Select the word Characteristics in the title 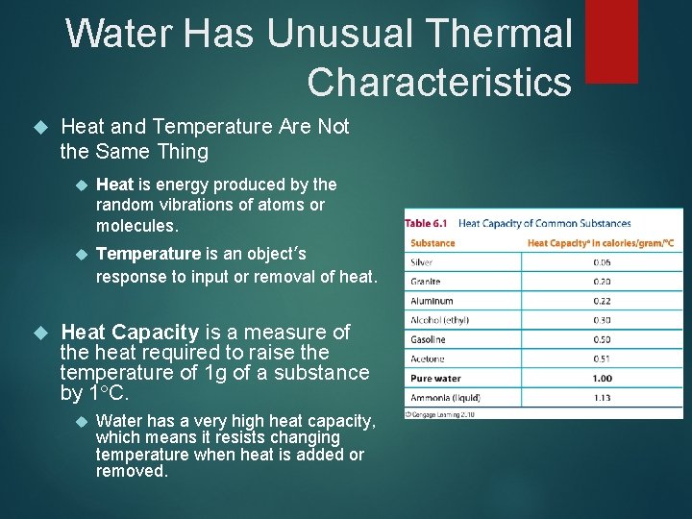(x=439, y=83)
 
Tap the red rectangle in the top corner (x=611, y=40)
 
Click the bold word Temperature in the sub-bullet (x=149, y=255)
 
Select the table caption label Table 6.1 (x=427, y=223)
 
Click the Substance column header (x=432, y=243)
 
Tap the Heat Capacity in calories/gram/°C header (x=601, y=243)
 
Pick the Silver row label (x=421, y=262)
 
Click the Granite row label (x=425, y=282)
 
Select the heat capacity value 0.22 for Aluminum (x=602, y=301)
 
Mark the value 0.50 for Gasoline (x=602, y=339)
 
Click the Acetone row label (x=427, y=358)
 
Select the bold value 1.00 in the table (x=602, y=378)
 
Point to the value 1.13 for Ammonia (x=602, y=397)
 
